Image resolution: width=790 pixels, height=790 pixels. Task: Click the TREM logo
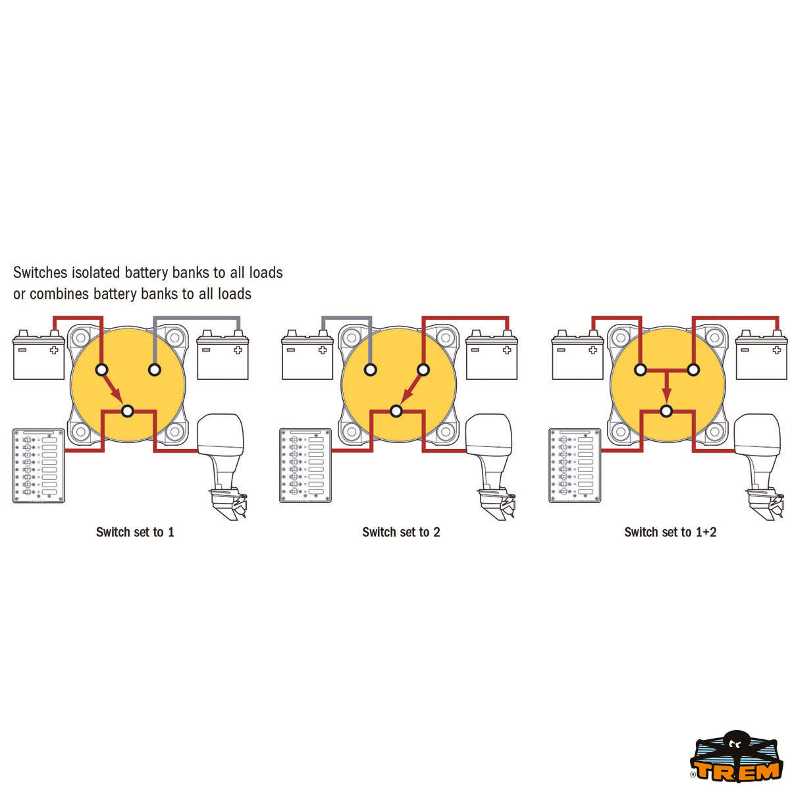[736, 756]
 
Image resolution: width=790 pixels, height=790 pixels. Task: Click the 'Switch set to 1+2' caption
[670, 532]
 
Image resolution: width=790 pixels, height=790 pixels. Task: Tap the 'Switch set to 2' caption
[401, 532]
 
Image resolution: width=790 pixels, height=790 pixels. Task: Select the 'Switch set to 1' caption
[135, 532]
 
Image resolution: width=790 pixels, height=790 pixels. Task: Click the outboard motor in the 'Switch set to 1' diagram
[222, 467]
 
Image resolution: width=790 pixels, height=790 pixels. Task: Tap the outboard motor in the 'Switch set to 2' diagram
[490, 467]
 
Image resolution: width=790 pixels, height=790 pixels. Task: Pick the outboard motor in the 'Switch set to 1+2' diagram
[759, 467]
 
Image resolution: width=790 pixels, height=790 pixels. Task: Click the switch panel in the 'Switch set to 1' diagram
[39, 465]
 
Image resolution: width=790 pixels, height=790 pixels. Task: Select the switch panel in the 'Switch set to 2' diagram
[305, 465]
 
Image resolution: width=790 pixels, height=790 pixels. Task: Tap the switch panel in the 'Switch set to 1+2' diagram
[575, 465]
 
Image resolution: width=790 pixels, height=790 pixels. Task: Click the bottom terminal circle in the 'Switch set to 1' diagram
[128, 411]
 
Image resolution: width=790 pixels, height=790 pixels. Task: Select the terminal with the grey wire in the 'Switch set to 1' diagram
[155, 370]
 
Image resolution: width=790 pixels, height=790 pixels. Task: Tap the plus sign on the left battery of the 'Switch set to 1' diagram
[54, 350]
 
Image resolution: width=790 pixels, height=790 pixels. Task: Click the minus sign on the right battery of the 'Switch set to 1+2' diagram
[745, 350]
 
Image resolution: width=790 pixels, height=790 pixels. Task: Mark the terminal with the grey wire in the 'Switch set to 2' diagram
[370, 370]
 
